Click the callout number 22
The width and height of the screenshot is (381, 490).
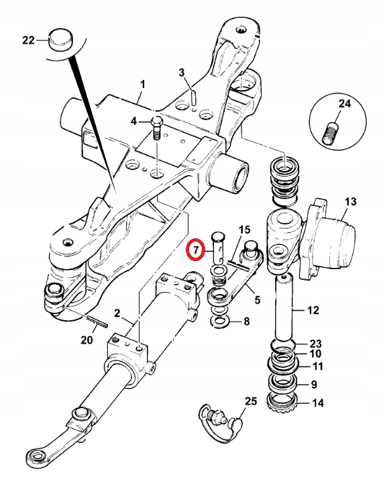pos(28,40)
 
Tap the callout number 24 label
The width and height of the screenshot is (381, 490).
pos(345,104)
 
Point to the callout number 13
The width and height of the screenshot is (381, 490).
pos(351,201)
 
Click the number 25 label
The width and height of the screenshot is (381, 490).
pos(250,402)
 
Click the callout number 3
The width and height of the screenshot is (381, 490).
pos(181,72)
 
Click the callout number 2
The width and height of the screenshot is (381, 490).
pos(117,313)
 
